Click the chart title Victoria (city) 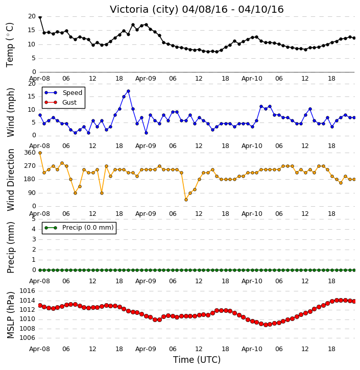click(x=144, y=10)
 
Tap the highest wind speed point click(x=128, y=91)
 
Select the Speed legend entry click(x=63, y=93)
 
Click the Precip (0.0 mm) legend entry click(x=79, y=228)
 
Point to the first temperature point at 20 click(x=40, y=17)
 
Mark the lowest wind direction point click(x=186, y=200)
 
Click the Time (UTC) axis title click(x=197, y=360)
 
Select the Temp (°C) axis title click(x=10, y=45)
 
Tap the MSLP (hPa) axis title click(x=10, y=315)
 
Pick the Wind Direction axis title click(x=10, y=180)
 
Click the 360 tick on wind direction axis click(x=30, y=153)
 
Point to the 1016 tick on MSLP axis click(x=27, y=291)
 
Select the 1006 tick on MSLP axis click(x=27, y=338)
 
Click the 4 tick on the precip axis click(x=34, y=229)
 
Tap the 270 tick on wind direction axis click(x=30, y=166)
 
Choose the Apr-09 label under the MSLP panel click(x=146, y=349)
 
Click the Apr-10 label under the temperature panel click(x=252, y=79)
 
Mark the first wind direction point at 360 click(x=40, y=153)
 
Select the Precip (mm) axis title click(x=10, y=248)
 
